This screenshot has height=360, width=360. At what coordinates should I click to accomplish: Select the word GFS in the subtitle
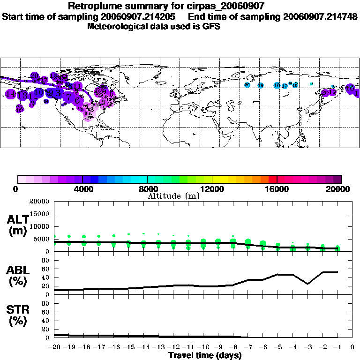(210, 26)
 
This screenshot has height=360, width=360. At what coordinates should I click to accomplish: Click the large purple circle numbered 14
(10, 94)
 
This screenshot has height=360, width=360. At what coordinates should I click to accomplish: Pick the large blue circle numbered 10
(39, 92)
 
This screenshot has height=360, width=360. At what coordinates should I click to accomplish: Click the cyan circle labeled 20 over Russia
(247, 85)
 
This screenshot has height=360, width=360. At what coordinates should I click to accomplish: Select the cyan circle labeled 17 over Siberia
(285, 86)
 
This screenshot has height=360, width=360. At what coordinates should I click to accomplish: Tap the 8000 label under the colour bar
(147, 189)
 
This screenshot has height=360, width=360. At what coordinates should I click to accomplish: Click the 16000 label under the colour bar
(277, 189)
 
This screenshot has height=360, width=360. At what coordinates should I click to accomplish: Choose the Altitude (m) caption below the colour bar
(173, 196)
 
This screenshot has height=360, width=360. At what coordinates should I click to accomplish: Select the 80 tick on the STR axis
(45, 311)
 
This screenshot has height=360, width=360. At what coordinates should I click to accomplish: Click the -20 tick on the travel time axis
(54, 347)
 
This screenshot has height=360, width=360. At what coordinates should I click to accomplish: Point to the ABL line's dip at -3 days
(307, 284)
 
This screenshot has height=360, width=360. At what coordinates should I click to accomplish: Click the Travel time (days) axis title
(205, 355)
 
